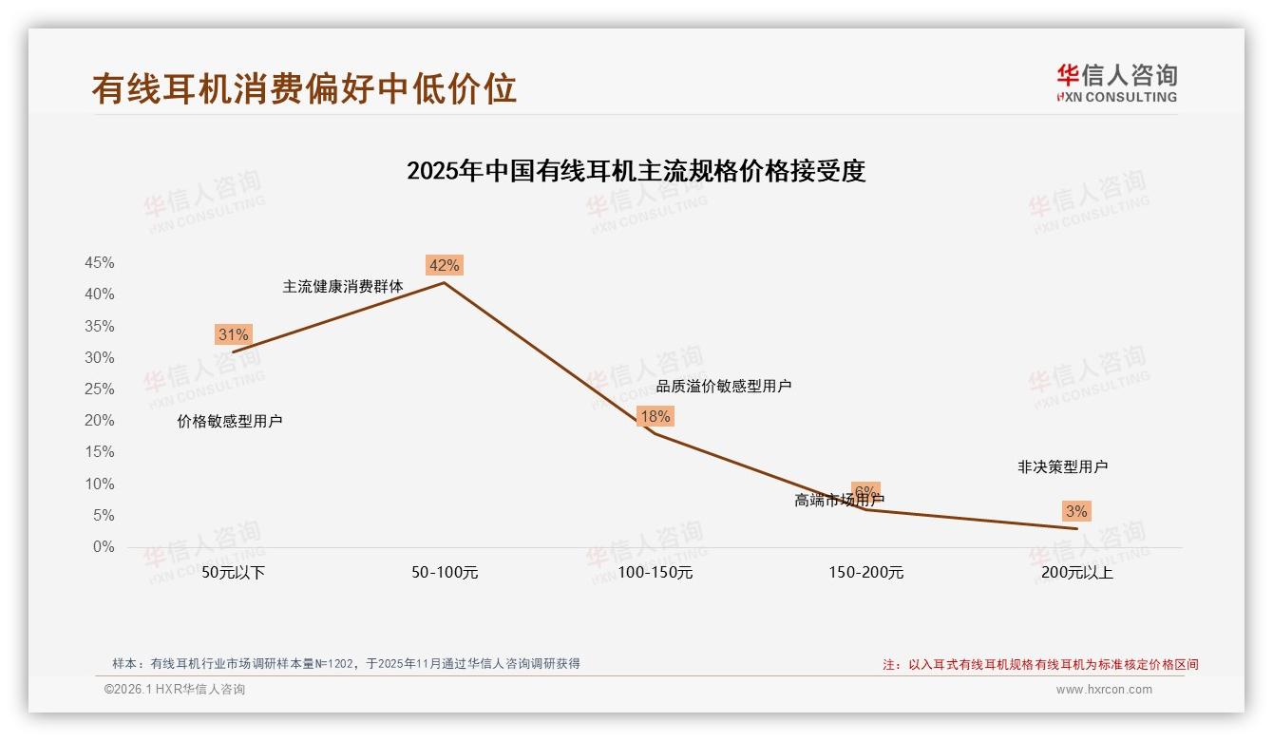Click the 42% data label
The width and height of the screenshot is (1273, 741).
point(444,265)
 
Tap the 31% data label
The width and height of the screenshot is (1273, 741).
point(233,334)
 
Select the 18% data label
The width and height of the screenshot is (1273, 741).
point(655,416)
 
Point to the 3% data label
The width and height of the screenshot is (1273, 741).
point(1076,511)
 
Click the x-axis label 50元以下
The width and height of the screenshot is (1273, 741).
point(234,573)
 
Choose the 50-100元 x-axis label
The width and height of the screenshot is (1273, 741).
point(445,573)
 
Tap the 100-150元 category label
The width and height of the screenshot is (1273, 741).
point(655,573)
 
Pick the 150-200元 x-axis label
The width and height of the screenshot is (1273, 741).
point(865,573)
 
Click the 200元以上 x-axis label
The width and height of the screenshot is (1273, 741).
point(1076,573)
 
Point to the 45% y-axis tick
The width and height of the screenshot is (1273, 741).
point(99,263)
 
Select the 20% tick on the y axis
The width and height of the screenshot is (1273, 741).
point(99,421)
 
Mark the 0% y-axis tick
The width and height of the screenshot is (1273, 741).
point(103,547)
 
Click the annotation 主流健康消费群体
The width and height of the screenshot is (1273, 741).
point(343,286)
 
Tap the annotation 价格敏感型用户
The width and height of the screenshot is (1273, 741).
point(230,421)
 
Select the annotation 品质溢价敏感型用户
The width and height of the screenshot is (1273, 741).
point(724,386)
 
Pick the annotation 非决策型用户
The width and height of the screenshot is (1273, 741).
point(1062,466)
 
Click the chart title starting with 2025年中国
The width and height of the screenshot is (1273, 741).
point(636,171)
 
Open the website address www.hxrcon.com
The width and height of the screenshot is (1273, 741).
point(1104,690)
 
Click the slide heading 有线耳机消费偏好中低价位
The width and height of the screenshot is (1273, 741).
point(304,88)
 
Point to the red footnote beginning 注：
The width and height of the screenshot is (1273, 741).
point(1040,665)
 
